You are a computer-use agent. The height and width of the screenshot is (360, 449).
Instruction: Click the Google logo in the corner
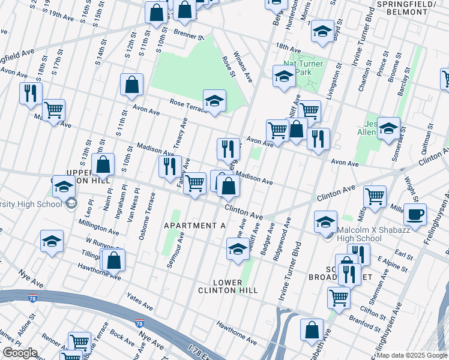19,353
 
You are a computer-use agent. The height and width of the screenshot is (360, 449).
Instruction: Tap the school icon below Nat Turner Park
284,76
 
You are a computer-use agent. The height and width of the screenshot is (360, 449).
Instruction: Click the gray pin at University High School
71,203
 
